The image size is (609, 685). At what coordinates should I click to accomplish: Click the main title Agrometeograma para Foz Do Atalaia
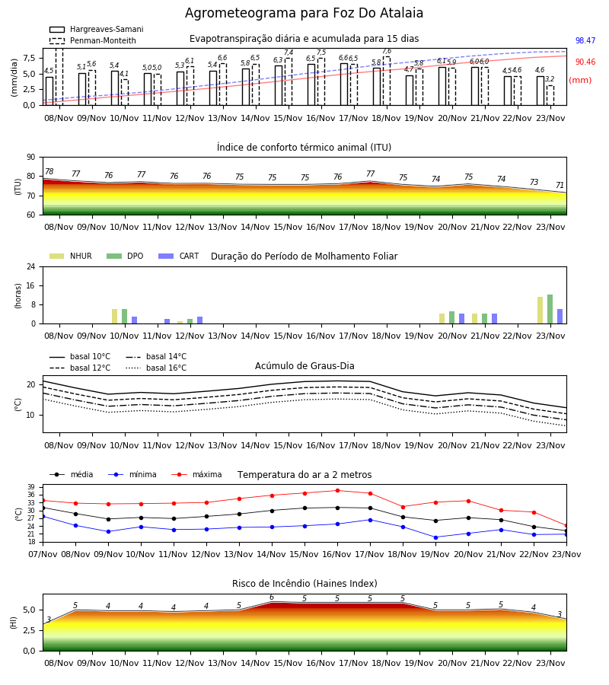tap(304, 13)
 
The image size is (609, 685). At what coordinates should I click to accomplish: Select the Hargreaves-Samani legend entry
tap(96, 29)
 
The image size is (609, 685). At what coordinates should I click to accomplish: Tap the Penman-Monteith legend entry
tap(93, 40)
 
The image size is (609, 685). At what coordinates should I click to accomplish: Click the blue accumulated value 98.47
tap(585, 40)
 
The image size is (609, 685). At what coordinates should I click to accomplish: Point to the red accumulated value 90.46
tap(585, 62)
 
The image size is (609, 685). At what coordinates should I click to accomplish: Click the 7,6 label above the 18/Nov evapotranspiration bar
tap(387, 52)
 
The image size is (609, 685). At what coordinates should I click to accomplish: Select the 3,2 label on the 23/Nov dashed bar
tap(550, 79)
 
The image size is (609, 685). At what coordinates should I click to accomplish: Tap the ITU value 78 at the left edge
tap(49, 172)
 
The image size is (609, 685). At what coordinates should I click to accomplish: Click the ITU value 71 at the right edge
tap(560, 185)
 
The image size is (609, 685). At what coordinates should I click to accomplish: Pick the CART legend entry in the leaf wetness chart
tap(179, 256)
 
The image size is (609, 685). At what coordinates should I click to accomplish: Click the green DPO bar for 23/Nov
tap(550, 309)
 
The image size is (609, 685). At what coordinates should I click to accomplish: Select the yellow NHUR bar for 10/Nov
tap(114, 317)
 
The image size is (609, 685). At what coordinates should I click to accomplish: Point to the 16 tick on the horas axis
tap(31, 285)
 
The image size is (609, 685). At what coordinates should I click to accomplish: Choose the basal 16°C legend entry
tap(156, 368)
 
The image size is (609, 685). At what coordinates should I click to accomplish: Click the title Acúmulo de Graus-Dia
tap(304, 365)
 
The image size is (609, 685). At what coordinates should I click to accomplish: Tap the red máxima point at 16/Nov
tap(337, 491)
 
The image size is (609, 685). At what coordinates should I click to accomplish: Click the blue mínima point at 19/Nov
tap(435, 537)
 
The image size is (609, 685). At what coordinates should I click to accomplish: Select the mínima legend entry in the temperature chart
tap(132, 474)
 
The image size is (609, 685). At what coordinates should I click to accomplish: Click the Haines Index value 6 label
tap(272, 597)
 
